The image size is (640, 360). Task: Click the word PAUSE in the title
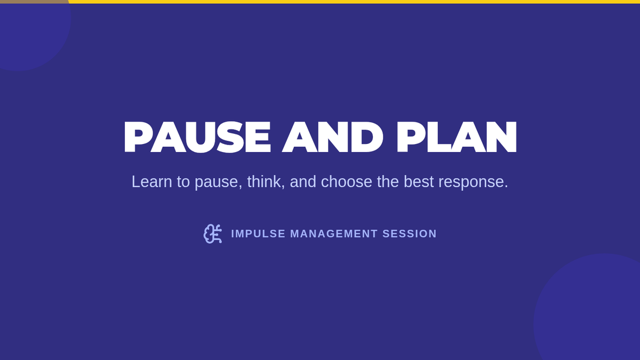pyautogui.click(x=197, y=137)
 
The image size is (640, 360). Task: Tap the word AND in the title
pyautogui.click(x=333, y=137)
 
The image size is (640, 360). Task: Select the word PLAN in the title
pyautogui.click(x=457, y=137)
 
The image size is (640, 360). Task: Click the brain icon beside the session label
pyautogui.click(x=213, y=234)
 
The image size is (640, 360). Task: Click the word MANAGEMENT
pyautogui.click(x=334, y=234)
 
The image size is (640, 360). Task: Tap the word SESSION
pyautogui.click(x=410, y=234)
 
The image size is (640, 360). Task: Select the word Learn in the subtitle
pyautogui.click(x=151, y=182)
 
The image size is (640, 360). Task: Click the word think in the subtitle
pyautogui.click(x=266, y=182)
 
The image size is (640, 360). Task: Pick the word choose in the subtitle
pyautogui.click(x=346, y=182)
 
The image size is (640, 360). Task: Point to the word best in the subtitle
pyautogui.click(x=419, y=182)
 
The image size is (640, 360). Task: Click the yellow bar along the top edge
pyautogui.click(x=354, y=2)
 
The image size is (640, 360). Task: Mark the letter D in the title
pyautogui.click(x=367, y=137)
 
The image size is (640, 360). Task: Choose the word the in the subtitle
pyautogui.click(x=388, y=182)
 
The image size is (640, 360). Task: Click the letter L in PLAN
pyautogui.click(x=439, y=137)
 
